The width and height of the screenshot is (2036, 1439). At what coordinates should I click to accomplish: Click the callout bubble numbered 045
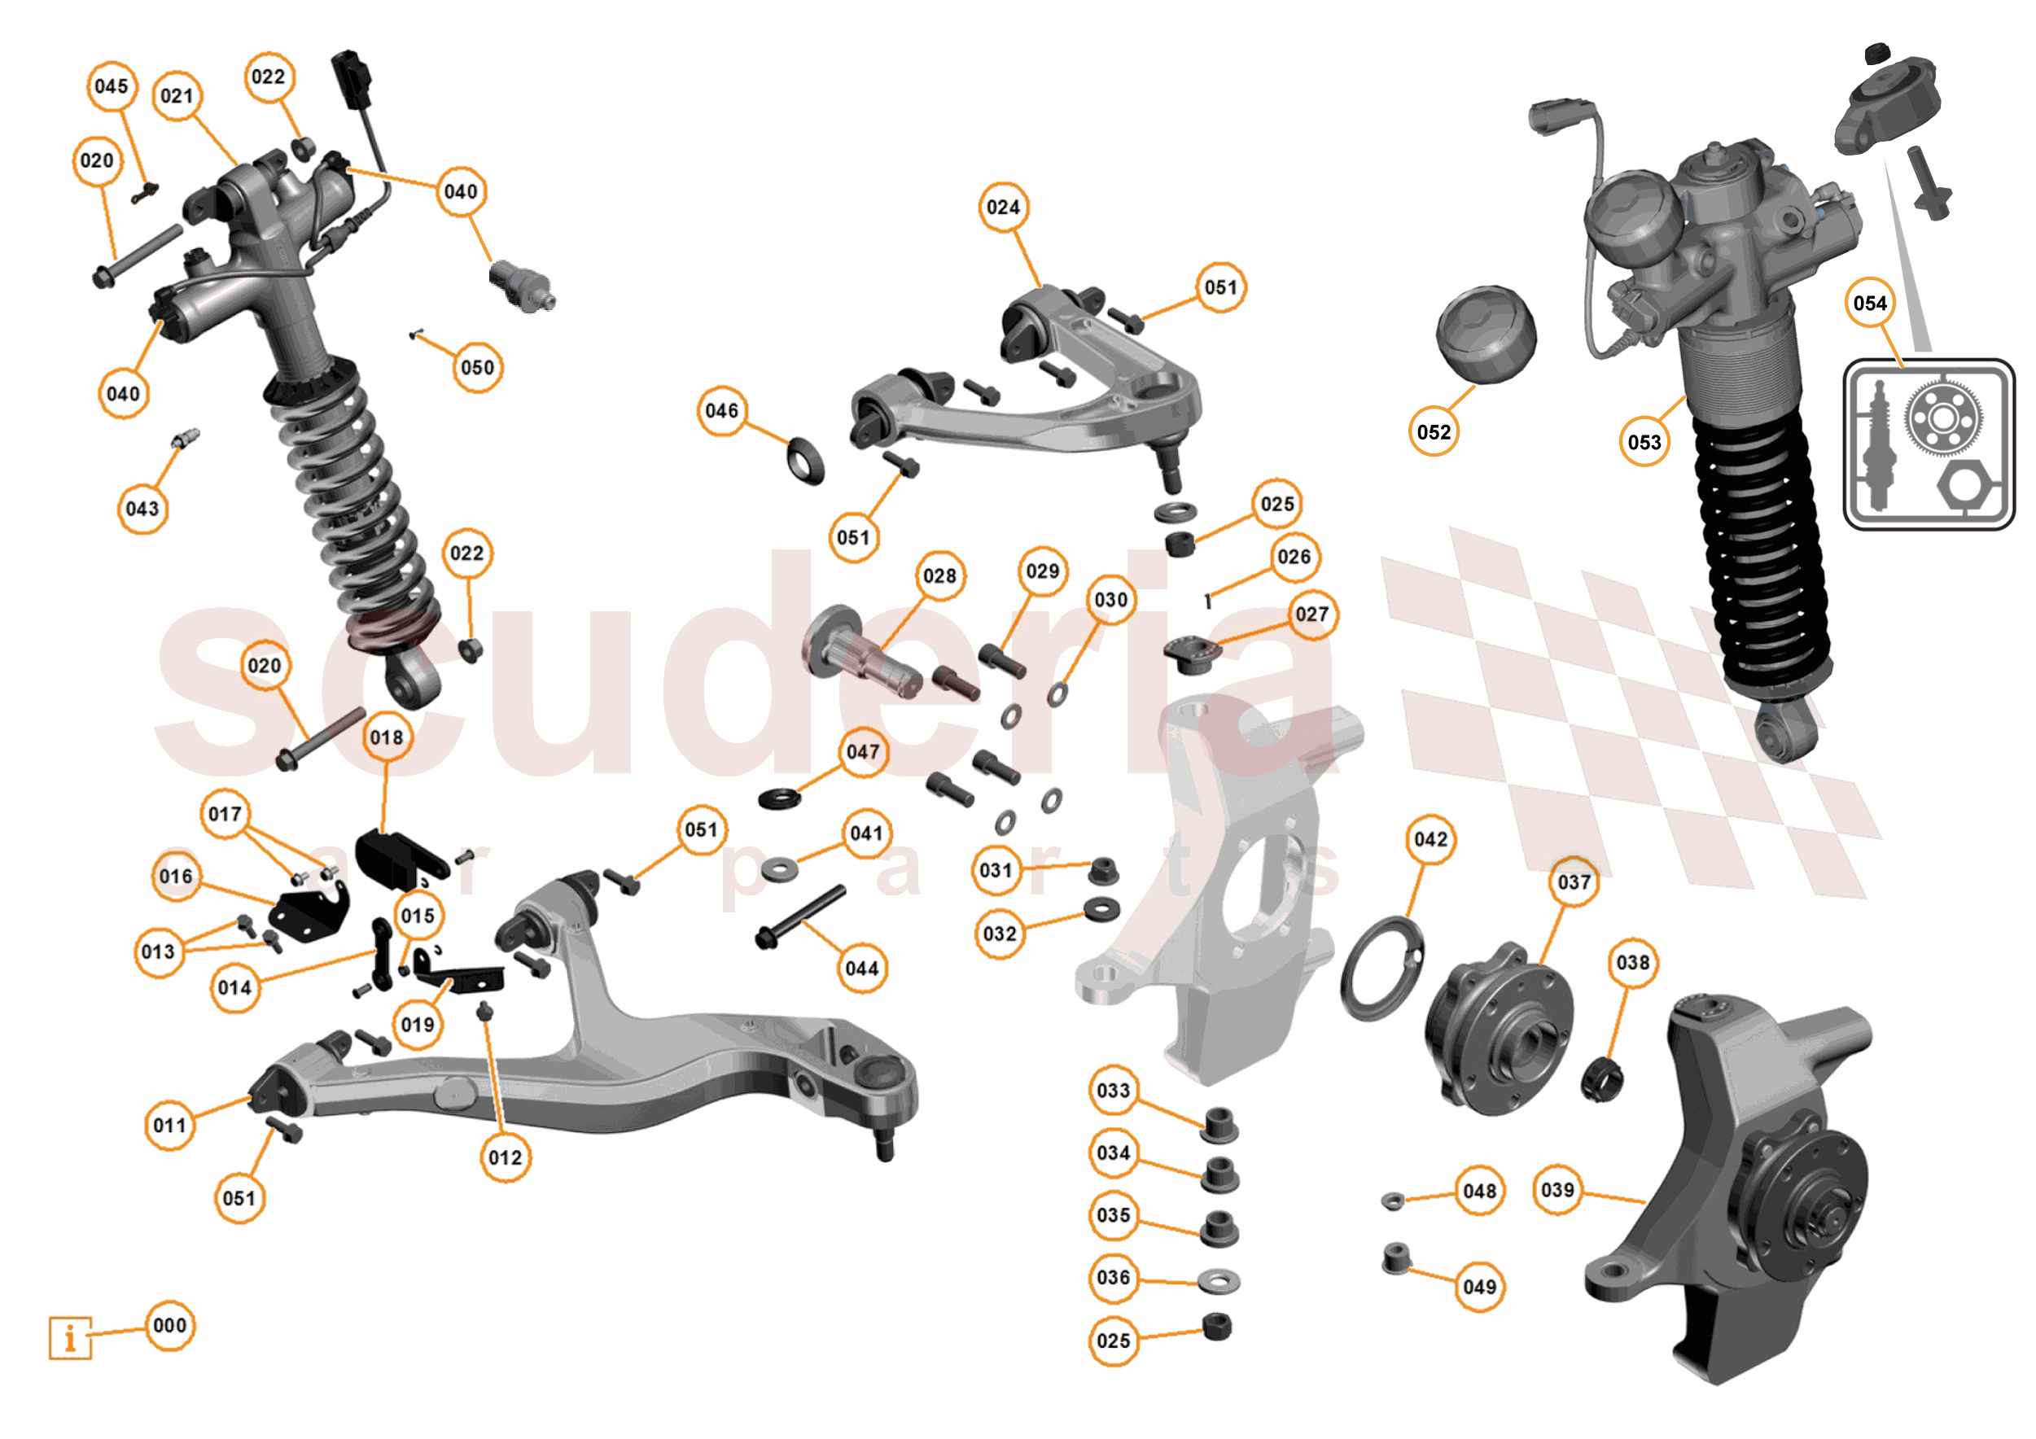click(112, 86)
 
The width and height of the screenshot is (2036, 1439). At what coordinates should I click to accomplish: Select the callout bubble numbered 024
click(1003, 207)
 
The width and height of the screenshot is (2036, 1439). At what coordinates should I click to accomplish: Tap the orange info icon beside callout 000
click(70, 1337)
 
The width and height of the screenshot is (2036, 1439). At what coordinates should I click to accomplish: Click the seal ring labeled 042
click(1381, 969)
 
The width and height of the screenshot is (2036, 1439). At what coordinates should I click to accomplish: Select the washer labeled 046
click(805, 460)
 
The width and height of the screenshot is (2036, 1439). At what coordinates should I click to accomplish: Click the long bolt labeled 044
click(800, 916)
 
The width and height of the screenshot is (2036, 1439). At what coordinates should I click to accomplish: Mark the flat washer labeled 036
click(1219, 1280)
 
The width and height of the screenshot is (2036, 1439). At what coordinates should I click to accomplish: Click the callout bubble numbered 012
click(506, 1157)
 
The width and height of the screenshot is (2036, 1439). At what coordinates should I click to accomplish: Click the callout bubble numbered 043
click(142, 508)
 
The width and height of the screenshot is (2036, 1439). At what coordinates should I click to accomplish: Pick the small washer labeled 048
click(1393, 1201)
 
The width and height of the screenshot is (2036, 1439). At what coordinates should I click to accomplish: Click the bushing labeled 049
click(1397, 1258)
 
